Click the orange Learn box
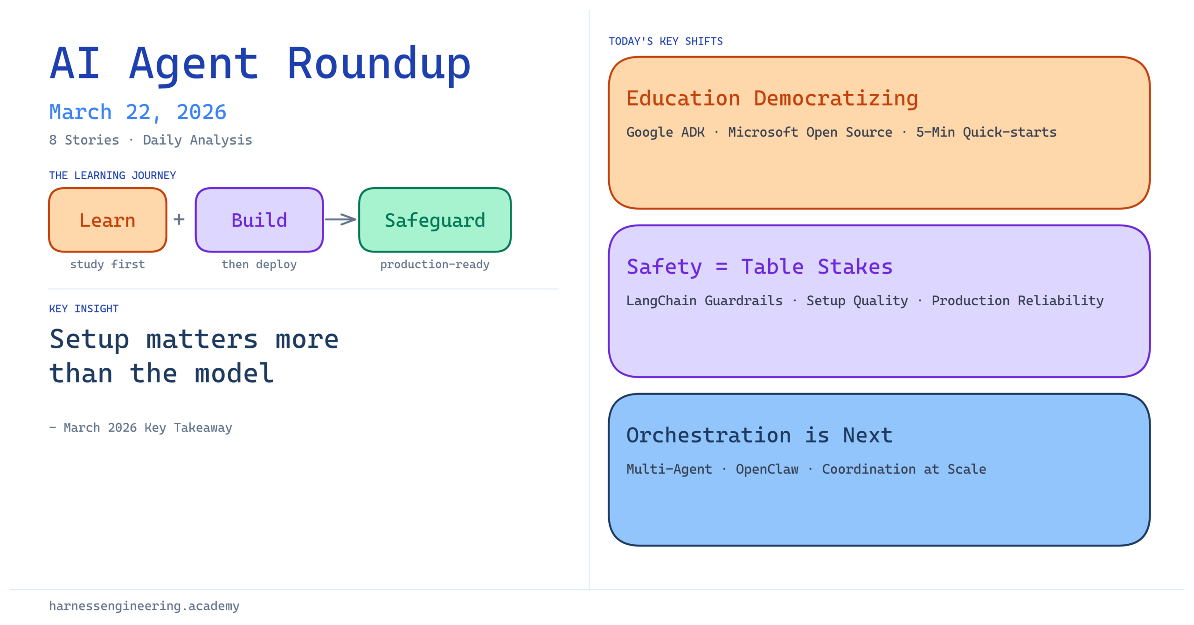pyautogui.click(x=108, y=220)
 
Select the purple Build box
pyautogui.click(x=259, y=220)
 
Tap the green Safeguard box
pyautogui.click(x=435, y=220)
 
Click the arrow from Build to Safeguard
pyautogui.click(x=340, y=219)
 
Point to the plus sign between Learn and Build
pyautogui.click(x=179, y=219)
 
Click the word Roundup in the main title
pyautogui.click(x=379, y=64)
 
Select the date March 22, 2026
pyautogui.click(x=138, y=112)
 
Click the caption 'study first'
pyautogui.click(x=108, y=264)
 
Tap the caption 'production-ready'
pyautogui.click(x=435, y=265)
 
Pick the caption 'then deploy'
pyautogui.click(x=259, y=265)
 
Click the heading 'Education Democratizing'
pyautogui.click(x=772, y=99)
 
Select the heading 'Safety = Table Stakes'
pyautogui.click(x=759, y=267)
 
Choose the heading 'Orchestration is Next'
pyautogui.click(x=759, y=435)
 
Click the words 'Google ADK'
pyautogui.click(x=666, y=133)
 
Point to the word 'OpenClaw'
pyautogui.click(x=767, y=469)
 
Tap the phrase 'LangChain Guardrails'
pyautogui.click(x=705, y=301)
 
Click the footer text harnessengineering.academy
pyautogui.click(x=144, y=606)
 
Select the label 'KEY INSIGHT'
pyautogui.click(x=84, y=309)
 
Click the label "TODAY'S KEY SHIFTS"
pyautogui.click(x=666, y=42)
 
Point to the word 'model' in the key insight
pyautogui.click(x=234, y=373)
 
